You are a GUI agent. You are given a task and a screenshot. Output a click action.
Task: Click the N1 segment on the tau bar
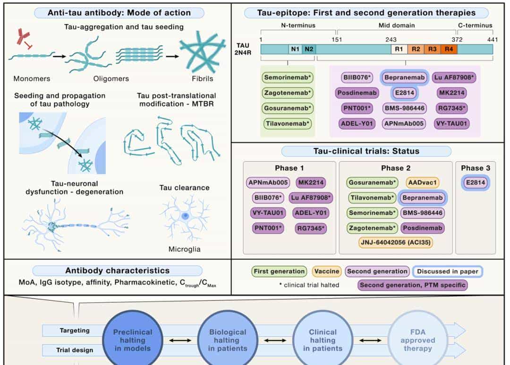click(295, 49)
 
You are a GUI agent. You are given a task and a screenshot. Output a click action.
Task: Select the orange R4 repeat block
click(449, 49)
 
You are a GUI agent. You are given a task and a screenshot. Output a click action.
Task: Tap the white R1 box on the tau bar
click(399, 49)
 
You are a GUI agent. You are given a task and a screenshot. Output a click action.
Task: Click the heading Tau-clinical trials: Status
click(366, 151)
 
